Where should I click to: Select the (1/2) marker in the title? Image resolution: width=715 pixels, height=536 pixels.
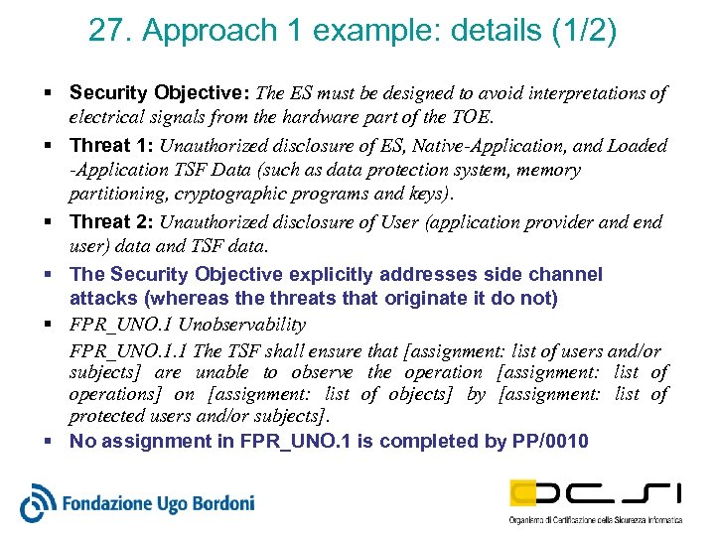coord(583,32)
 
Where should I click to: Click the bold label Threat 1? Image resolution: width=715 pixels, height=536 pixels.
coord(111,145)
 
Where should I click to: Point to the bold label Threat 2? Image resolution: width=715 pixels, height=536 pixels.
coord(111,221)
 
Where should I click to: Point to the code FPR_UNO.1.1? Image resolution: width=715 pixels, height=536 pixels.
coord(129,349)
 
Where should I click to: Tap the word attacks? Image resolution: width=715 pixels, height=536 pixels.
coord(100,298)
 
